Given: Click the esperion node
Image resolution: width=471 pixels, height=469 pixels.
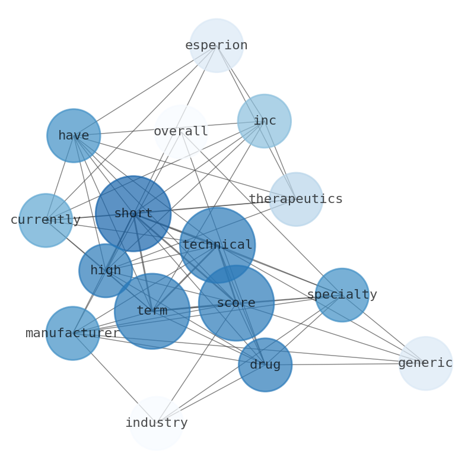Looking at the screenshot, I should click(x=217, y=46).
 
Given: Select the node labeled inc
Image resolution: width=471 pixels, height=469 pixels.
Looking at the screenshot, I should click(x=264, y=121).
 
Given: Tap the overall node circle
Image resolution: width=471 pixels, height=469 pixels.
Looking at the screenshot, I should click(x=181, y=132).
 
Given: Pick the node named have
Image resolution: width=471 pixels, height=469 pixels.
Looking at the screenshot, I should click(x=74, y=136).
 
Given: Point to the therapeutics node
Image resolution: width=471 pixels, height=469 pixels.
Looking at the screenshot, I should click(x=296, y=199).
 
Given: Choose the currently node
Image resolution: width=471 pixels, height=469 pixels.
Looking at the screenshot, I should click(x=46, y=220).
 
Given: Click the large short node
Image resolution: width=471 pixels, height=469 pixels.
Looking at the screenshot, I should click(x=133, y=214).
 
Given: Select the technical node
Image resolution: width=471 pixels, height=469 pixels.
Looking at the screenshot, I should click(x=217, y=245).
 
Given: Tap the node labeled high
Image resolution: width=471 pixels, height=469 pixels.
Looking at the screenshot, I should click(x=106, y=271).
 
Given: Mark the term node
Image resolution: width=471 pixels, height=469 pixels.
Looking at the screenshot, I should click(x=152, y=311).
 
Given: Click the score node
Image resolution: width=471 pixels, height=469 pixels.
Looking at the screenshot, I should click(x=236, y=303).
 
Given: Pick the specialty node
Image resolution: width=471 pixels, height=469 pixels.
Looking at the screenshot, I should click(x=342, y=295).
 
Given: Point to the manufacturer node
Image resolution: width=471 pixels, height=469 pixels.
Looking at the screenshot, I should click(x=72, y=334).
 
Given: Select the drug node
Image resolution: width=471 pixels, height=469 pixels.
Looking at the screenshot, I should click(x=265, y=365).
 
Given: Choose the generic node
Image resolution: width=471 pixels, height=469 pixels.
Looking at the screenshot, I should click(x=425, y=363).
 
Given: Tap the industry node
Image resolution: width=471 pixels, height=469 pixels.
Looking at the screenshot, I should click(x=156, y=423).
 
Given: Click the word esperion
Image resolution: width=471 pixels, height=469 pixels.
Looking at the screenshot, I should click(x=217, y=46).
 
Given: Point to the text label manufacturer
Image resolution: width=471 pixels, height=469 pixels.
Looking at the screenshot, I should click(x=72, y=334).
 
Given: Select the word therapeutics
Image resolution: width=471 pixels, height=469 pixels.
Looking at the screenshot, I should click(x=296, y=199).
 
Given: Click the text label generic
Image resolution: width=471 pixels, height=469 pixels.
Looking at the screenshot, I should click(x=425, y=363).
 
